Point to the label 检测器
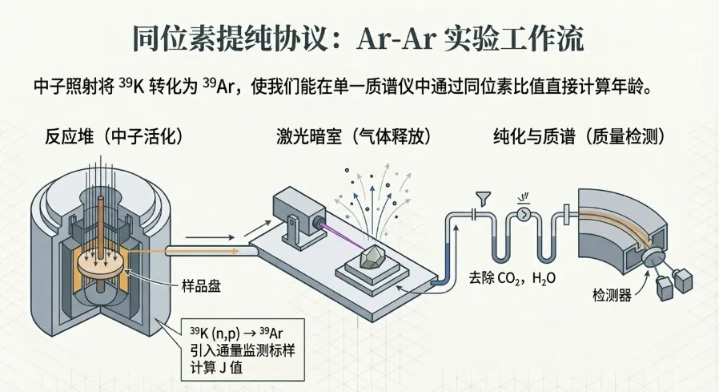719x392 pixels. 611,296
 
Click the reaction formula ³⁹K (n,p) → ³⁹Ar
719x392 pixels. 237,330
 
